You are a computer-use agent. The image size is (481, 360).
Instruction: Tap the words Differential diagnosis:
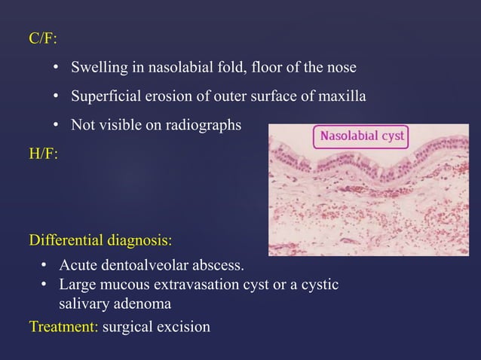tap(100, 241)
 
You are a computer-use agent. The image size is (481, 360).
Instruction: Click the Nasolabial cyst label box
tap(361, 136)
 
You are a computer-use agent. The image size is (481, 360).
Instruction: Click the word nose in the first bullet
tap(341, 69)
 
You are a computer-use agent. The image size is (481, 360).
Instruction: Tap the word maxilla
tap(343, 97)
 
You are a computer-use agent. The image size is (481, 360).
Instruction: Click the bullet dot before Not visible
tap(57, 125)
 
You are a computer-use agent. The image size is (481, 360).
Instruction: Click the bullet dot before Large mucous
tap(44, 285)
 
